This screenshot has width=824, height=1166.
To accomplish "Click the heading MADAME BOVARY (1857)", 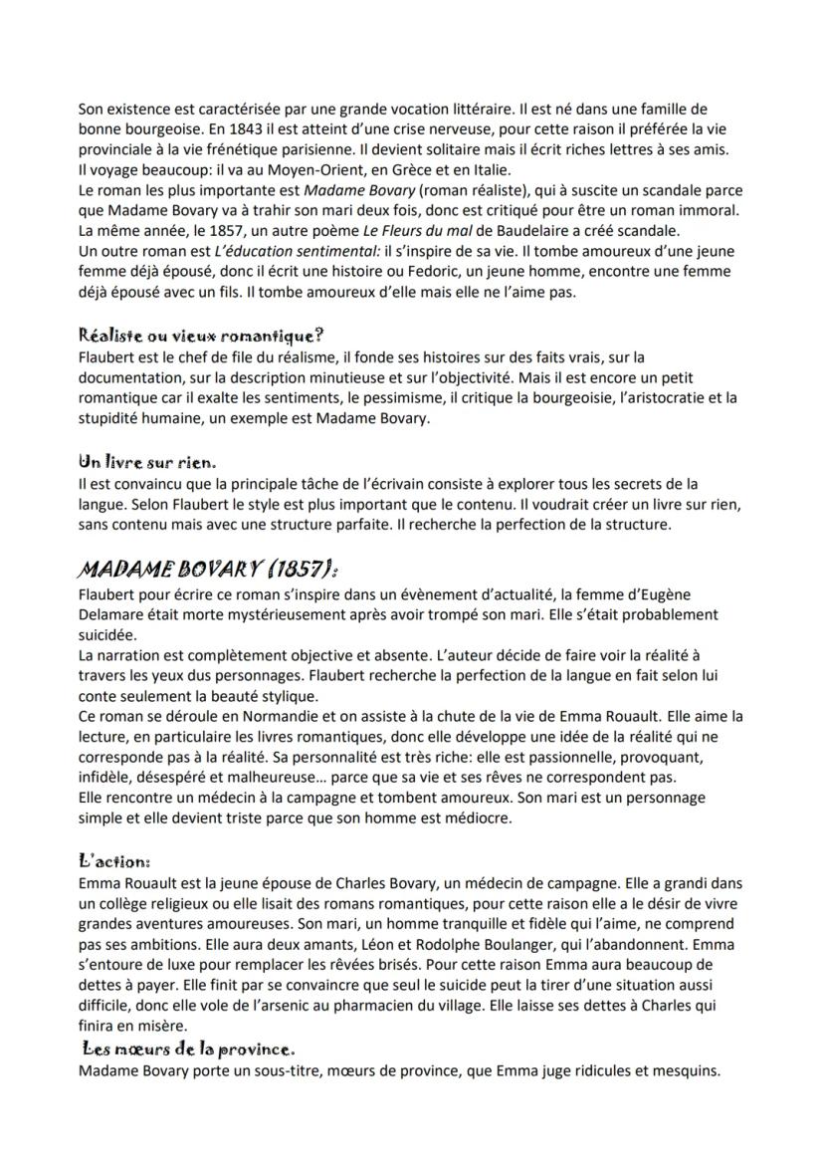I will coord(209,570).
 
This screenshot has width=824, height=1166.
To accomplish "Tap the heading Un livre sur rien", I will coord(147,462).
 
